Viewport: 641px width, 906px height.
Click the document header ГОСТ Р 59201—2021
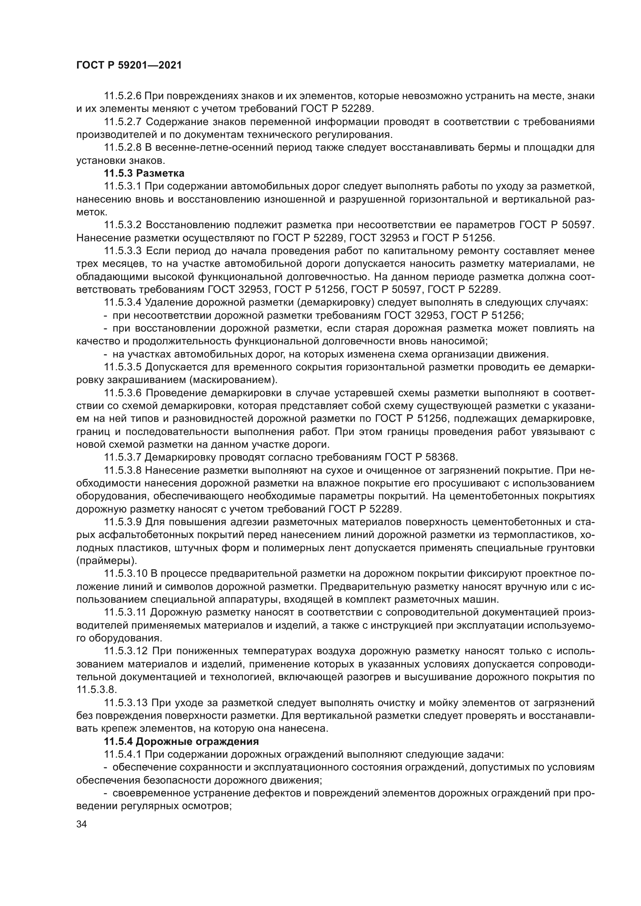(129, 65)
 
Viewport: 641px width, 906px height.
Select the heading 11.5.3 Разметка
(144, 173)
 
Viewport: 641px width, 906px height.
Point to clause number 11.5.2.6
(123, 96)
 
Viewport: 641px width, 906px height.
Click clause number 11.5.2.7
(123, 122)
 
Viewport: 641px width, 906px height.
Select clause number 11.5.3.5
(123, 367)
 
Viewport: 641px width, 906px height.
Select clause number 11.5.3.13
(126, 703)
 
